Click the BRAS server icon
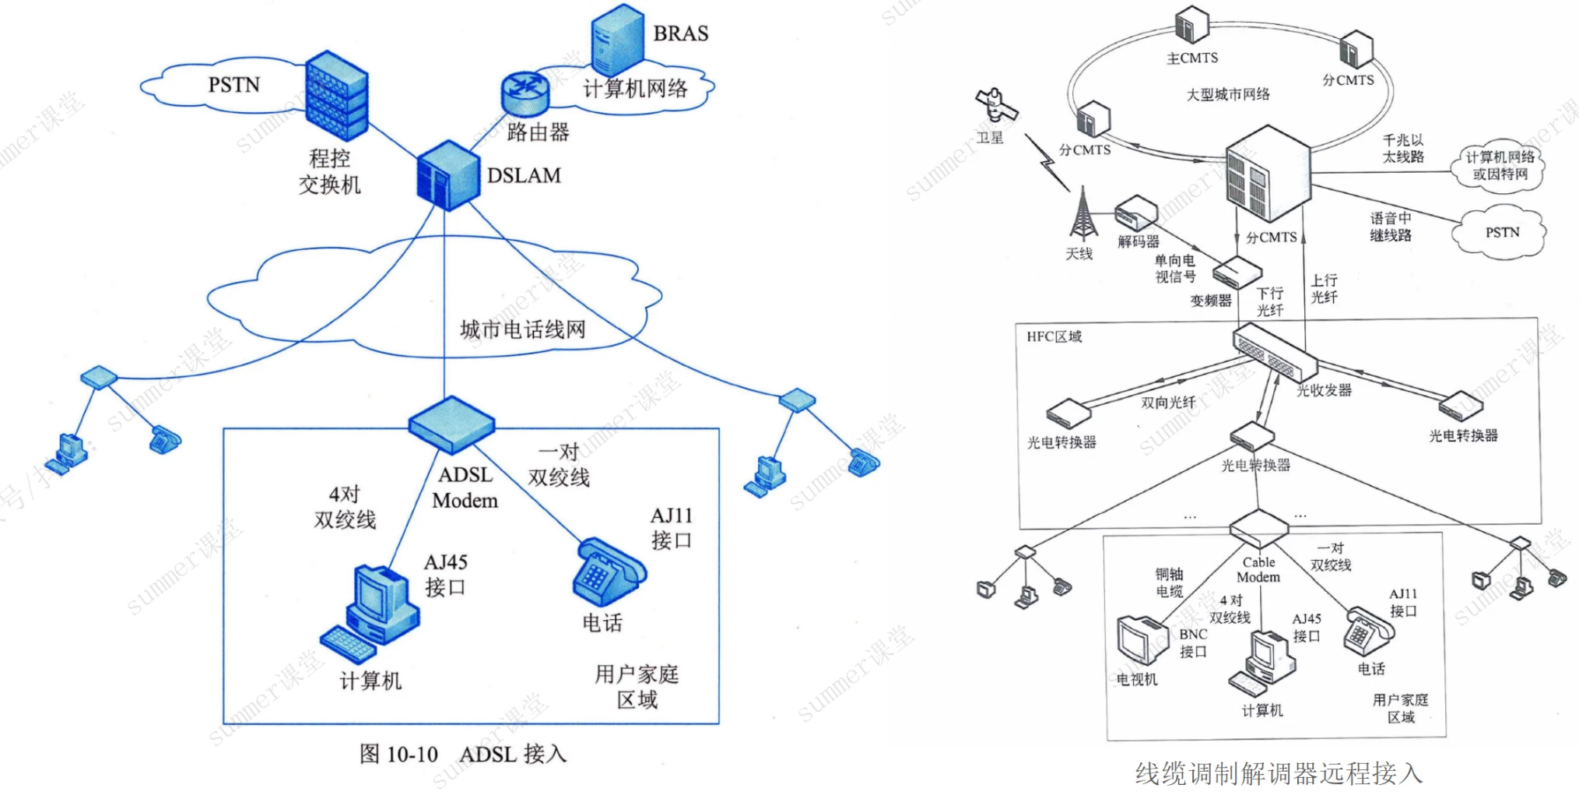pyautogui.click(x=617, y=39)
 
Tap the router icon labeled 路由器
pyautogui.click(x=525, y=93)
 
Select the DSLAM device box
pyautogui.click(x=447, y=175)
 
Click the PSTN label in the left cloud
pyautogui.click(x=233, y=85)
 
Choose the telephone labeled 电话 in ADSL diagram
pyautogui.click(x=609, y=572)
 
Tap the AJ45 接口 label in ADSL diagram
pyautogui.click(x=446, y=575)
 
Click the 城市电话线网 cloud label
pyautogui.click(x=522, y=329)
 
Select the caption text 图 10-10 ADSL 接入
pyautogui.click(x=462, y=754)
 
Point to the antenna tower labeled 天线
pyautogui.click(x=1082, y=214)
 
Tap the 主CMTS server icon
pyautogui.click(x=1191, y=25)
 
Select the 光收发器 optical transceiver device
pyautogui.click(x=1274, y=352)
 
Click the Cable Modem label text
pyautogui.click(x=1258, y=570)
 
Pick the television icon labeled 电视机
pyautogui.click(x=1142, y=640)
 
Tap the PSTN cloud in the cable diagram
pyautogui.click(x=1501, y=232)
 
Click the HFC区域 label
pyautogui.click(x=1054, y=336)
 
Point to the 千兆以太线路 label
pyautogui.click(x=1403, y=148)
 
